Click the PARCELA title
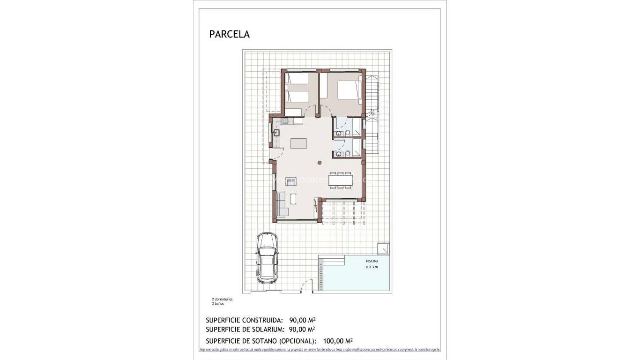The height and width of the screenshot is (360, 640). pyautogui.click(x=229, y=34)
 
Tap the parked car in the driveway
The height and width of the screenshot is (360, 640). pyautogui.click(x=267, y=258)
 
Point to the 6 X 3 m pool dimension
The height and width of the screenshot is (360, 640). pyautogui.click(x=372, y=267)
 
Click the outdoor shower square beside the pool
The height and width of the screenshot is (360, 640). pyautogui.click(x=383, y=248)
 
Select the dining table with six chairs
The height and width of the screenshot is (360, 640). pyautogui.click(x=340, y=180)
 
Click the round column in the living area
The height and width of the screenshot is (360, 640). pyautogui.click(x=320, y=163)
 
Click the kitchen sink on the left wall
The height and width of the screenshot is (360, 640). pyautogui.click(x=276, y=133)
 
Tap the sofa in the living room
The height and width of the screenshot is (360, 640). pyautogui.click(x=282, y=205)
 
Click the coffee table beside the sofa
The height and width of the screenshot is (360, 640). pyautogui.click(x=293, y=199)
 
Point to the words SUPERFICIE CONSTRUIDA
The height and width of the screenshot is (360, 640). pyautogui.click(x=244, y=320)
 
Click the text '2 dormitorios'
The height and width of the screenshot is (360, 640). pyautogui.click(x=222, y=299)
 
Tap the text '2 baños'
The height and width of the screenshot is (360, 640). pyautogui.click(x=218, y=304)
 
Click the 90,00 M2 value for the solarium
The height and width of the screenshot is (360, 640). pyautogui.click(x=302, y=329)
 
